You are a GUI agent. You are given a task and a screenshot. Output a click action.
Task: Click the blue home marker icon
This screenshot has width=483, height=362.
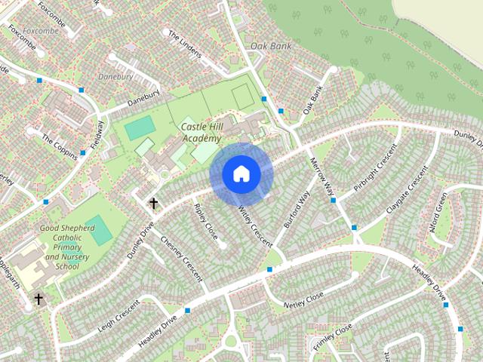coord(241,173)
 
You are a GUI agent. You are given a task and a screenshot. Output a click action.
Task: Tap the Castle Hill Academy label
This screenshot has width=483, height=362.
coord(201,133)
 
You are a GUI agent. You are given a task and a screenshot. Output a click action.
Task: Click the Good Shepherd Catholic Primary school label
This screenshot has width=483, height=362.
coord(69,247)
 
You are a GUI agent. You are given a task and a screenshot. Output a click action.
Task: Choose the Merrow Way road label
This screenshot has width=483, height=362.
coord(323,178)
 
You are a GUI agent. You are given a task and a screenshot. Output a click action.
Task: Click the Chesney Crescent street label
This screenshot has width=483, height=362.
coord(182,259)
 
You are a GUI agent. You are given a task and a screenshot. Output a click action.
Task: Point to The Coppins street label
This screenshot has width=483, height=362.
coord(59,146)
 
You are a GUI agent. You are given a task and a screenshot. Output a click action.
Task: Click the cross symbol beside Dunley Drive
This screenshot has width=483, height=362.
coord(153,203)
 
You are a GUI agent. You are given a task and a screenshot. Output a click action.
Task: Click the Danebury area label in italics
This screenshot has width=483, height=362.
coord(115,77)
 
